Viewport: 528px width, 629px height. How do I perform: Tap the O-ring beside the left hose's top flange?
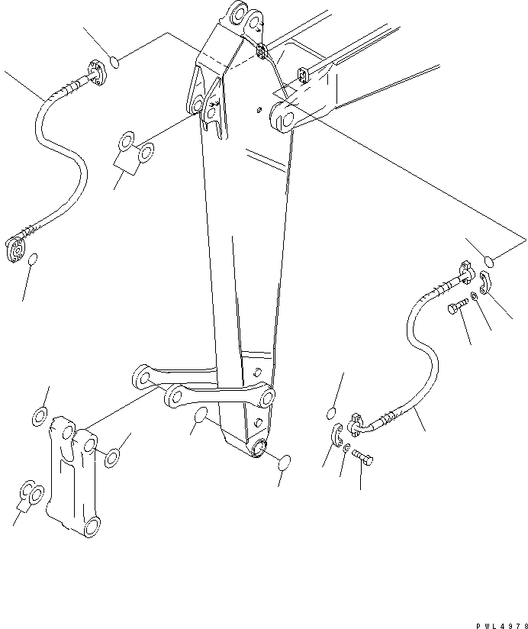coord(114,61)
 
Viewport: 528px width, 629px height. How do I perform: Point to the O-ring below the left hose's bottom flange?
coord(31,262)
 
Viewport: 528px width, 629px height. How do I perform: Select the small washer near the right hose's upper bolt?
coord(475,296)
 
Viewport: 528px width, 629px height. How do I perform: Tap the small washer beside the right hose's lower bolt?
coord(346,448)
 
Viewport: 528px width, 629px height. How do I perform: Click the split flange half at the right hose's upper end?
coord(486,279)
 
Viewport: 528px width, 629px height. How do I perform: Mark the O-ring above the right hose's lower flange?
coord(331,414)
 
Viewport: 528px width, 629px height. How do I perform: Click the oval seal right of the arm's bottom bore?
coord(284,463)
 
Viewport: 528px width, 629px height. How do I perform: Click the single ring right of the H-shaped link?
coord(111,457)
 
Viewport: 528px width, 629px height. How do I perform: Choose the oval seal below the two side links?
coord(201,416)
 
